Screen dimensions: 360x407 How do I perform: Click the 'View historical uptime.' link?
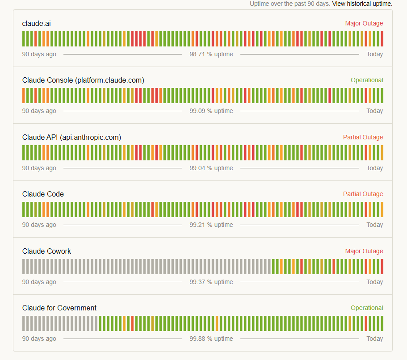click(x=362, y=4)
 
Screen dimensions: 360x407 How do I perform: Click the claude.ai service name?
click(x=36, y=23)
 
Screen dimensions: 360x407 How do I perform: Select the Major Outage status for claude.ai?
click(x=364, y=23)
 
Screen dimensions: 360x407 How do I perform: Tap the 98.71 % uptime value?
click(x=211, y=54)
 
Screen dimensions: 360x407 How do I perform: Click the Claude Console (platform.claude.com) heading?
click(x=83, y=80)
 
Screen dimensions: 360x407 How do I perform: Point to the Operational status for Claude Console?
click(x=367, y=80)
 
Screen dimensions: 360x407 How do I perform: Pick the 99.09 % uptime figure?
click(x=211, y=111)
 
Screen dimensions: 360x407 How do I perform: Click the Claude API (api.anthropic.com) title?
click(x=71, y=137)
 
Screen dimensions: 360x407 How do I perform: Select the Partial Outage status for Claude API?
click(x=363, y=137)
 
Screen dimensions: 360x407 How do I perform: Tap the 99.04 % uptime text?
click(x=211, y=168)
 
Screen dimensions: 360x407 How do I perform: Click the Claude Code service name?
click(x=43, y=194)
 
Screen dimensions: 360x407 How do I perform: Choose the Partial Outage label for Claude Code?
click(x=363, y=194)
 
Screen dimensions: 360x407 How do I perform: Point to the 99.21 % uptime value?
click(x=211, y=225)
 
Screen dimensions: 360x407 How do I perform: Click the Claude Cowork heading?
click(x=46, y=251)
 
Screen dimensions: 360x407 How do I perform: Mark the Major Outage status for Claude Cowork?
click(x=364, y=251)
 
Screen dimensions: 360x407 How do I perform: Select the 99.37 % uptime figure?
click(x=211, y=282)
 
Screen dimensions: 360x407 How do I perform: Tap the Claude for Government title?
click(x=59, y=308)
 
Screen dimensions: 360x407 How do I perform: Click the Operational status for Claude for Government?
click(x=367, y=308)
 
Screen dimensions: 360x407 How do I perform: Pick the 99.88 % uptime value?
click(x=211, y=339)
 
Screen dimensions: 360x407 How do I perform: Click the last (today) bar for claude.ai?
click(x=382, y=39)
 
